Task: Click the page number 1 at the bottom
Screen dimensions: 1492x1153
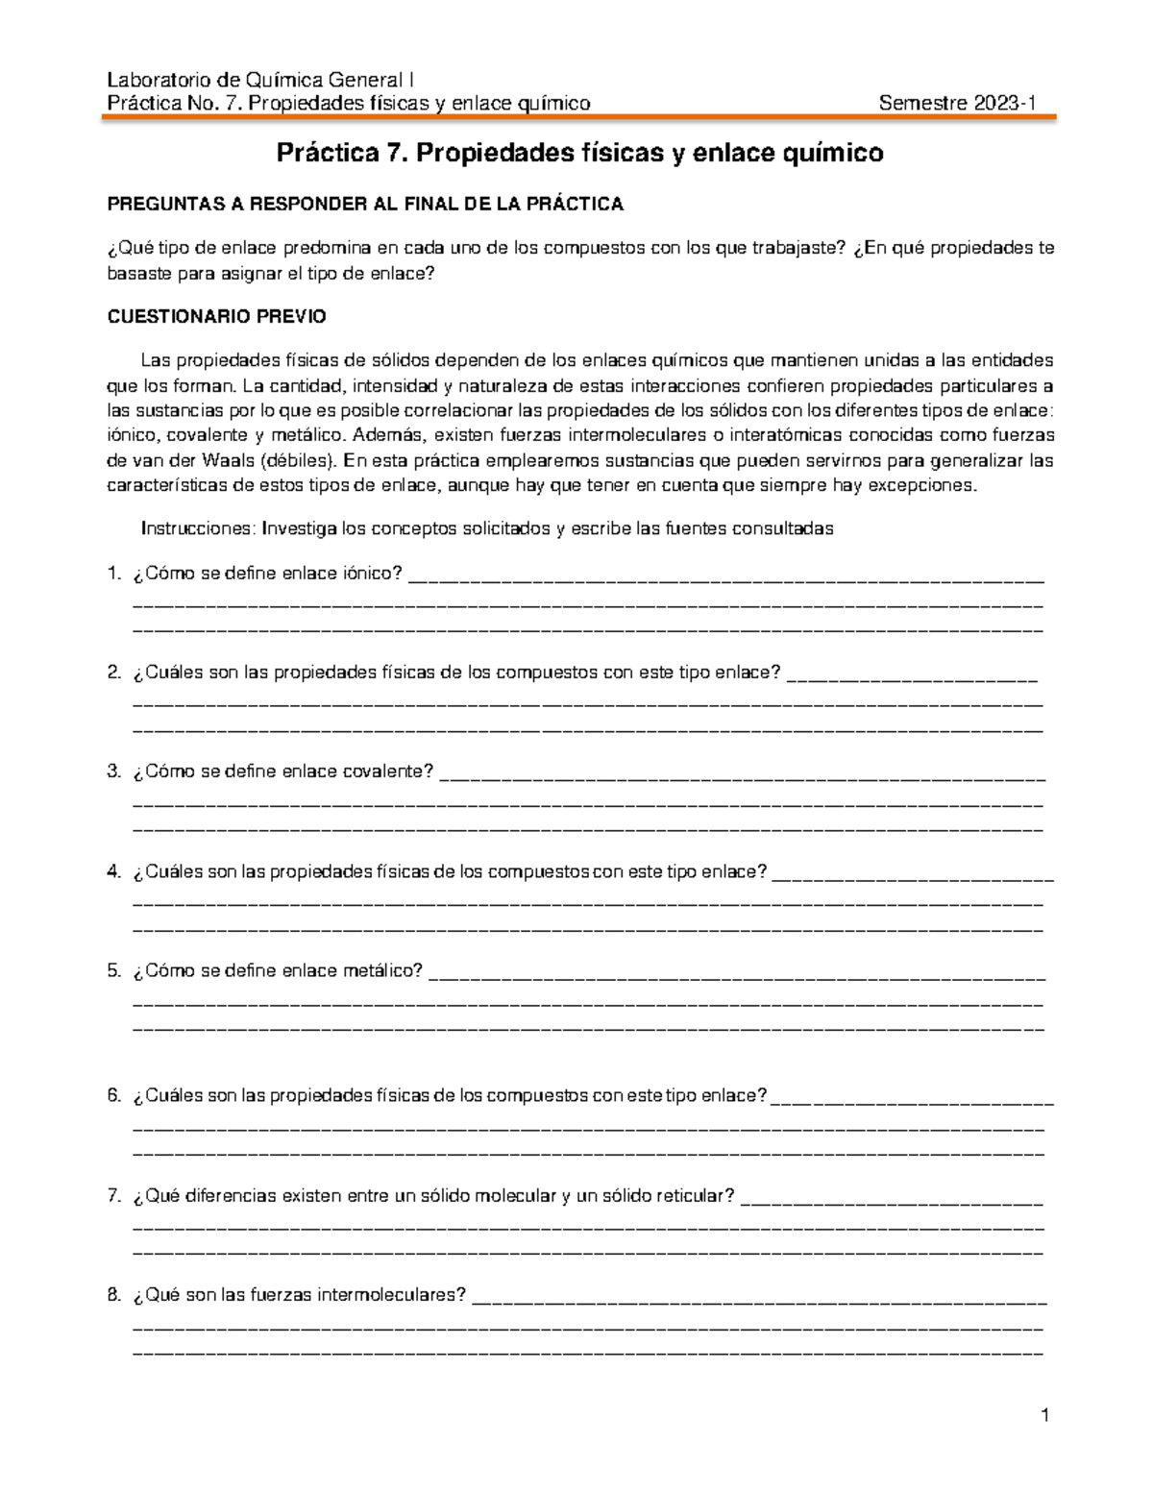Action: point(1045,1415)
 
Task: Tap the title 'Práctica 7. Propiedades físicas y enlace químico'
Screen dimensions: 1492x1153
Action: point(579,153)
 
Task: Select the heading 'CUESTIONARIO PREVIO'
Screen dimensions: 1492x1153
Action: point(216,316)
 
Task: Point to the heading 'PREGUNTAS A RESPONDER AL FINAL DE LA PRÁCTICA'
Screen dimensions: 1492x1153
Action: point(365,204)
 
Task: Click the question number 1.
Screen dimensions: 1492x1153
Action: point(114,574)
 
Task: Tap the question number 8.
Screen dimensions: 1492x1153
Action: point(114,1295)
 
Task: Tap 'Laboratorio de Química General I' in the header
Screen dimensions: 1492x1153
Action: point(260,81)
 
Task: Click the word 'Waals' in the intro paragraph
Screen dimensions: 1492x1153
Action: point(228,460)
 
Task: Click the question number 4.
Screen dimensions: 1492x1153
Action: point(114,871)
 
